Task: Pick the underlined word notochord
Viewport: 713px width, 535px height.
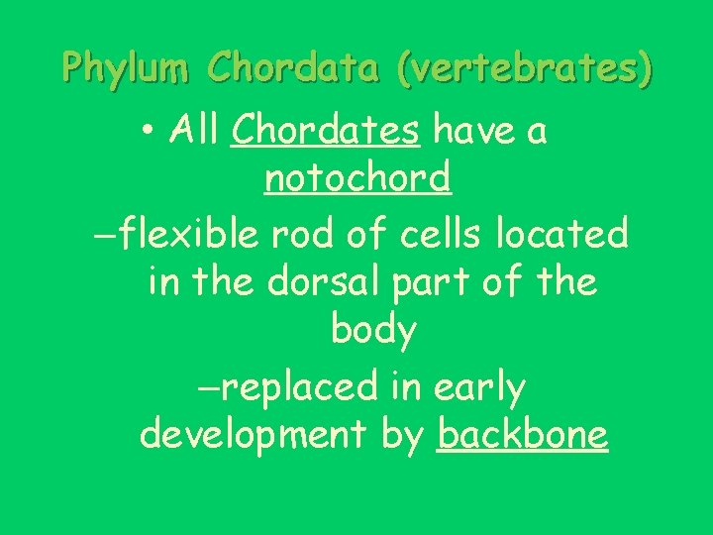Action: tap(356, 179)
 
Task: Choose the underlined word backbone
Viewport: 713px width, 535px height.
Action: tap(523, 435)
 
